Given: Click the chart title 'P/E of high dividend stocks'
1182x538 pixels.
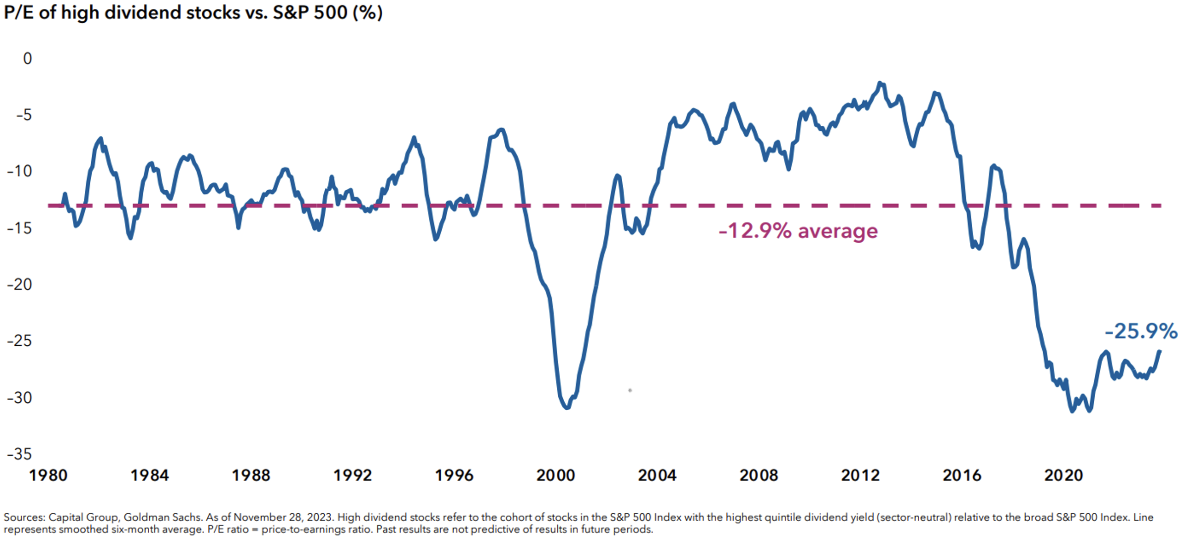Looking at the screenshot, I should click(x=193, y=12).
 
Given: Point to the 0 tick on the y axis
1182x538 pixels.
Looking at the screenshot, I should click(x=28, y=58).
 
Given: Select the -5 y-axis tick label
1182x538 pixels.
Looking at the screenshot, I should click(x=24, y=115).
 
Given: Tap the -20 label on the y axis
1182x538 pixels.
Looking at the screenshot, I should click(x=20, y=284).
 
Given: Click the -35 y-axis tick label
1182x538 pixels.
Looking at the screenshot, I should click(x=20, y=454).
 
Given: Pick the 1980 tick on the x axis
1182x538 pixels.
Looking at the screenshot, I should click(x=48, y=476).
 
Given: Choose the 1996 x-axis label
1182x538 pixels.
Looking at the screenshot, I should click(x=454, y=476).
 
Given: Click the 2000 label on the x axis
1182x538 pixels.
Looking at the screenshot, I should click(x=556, y=476).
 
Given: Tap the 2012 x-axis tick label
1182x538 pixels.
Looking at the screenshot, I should click(x=860, y=476).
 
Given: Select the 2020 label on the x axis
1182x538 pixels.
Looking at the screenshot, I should click(x=1064, y=476).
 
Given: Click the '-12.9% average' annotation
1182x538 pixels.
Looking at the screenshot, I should click(x=798, y=231).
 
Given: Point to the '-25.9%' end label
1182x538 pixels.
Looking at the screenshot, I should click(x=1141, y=331).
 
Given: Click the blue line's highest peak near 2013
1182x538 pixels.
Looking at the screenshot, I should click(x=880, y=83).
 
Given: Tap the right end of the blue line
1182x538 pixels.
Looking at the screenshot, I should click(x=1159, y=351).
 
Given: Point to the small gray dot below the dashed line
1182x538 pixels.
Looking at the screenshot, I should click(x=630, y=390).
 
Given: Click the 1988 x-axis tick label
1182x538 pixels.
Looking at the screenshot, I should click(x=251, y=476).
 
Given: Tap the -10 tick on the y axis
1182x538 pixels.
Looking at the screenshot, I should click(x=20, y=171).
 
